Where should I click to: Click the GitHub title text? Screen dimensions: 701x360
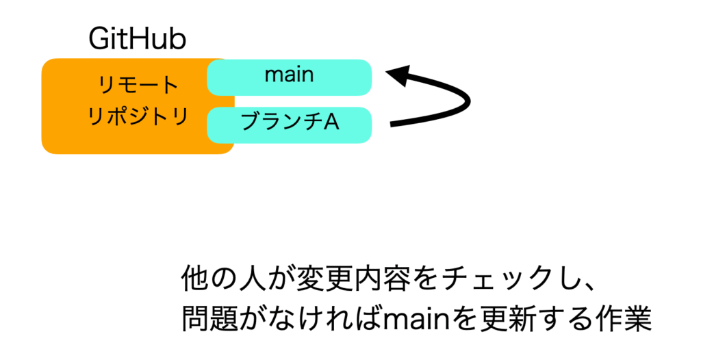coord(137,39)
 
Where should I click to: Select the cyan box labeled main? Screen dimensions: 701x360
coord(290,77)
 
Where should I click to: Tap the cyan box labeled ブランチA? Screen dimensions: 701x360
coord(290,125)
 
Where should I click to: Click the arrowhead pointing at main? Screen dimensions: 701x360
coord(398,75)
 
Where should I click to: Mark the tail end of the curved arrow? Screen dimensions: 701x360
coord(392,125)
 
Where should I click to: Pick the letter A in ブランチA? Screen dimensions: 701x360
coord(331,122)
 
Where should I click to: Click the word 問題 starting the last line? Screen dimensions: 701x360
coord(208,319)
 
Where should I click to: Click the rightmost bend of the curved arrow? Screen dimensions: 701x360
coord(468,101)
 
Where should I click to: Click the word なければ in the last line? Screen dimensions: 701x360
coord(331,319)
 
